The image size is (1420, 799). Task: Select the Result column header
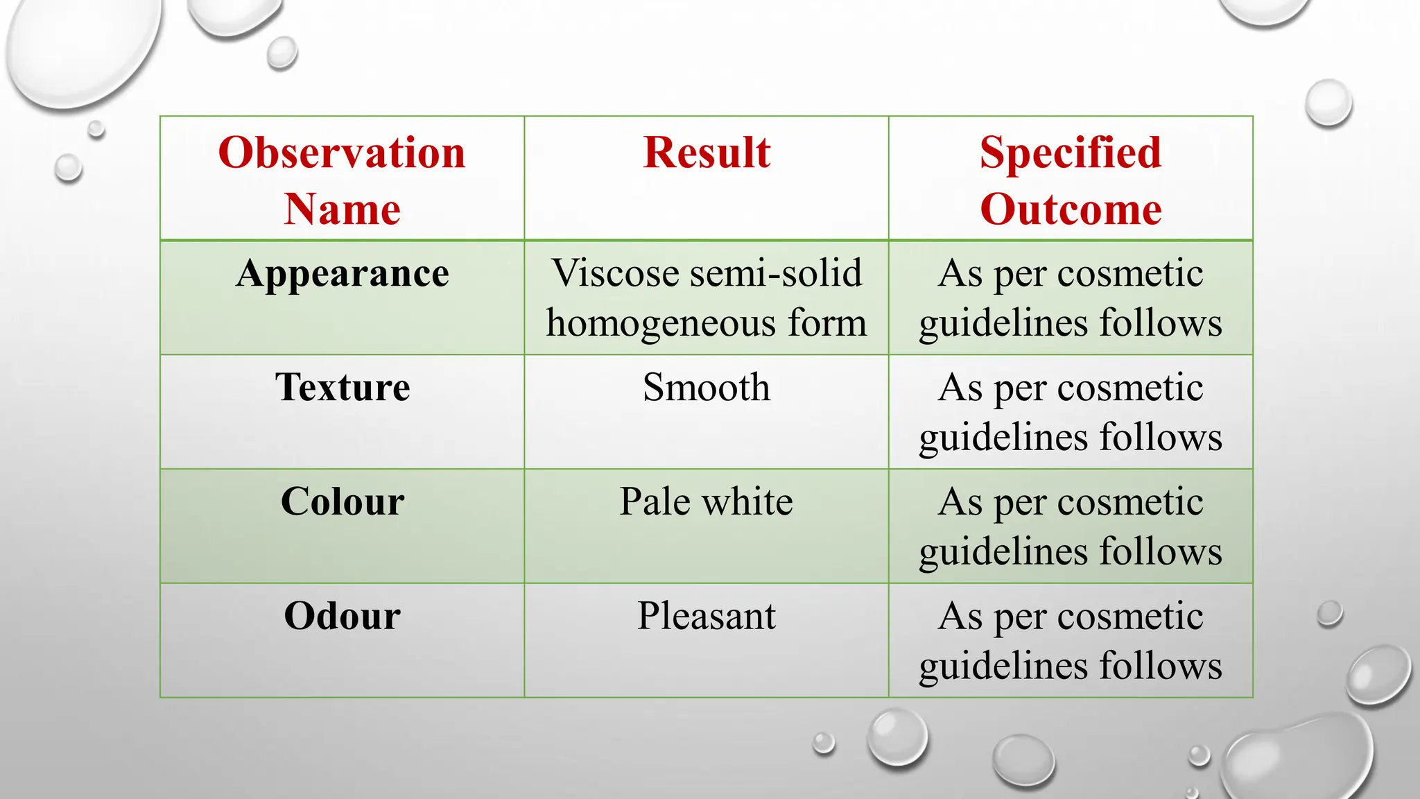706,153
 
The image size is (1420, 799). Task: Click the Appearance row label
342,273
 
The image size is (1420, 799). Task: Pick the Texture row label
342,387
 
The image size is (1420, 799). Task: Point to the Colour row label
342,501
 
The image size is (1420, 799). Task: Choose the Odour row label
342,616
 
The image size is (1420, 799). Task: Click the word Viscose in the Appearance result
614,273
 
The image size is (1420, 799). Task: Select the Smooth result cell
706,387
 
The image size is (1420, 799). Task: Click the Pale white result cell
706,501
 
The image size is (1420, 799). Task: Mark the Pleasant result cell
706,616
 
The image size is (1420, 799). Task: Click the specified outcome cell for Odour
1070,641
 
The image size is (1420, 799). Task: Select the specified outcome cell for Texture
1070,412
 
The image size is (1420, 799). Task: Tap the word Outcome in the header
1070,209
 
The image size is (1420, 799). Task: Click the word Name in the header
342,209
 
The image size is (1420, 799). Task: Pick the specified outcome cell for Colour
1070,526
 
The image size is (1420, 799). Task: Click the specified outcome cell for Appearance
1070,298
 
